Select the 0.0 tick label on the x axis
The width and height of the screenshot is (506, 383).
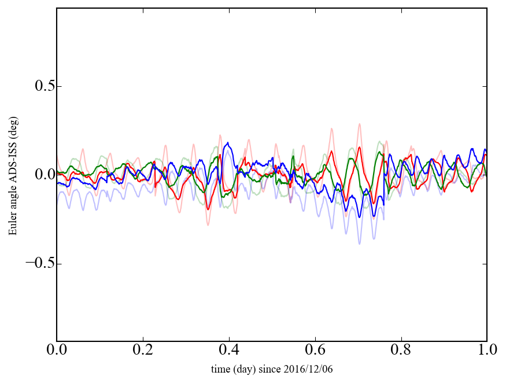57,351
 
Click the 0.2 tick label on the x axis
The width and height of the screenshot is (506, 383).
143,351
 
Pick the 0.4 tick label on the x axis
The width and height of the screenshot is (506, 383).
229,351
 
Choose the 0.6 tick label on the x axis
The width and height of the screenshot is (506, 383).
315,351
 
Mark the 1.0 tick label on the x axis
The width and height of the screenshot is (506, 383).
487,351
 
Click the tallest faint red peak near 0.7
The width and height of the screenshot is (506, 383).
359,124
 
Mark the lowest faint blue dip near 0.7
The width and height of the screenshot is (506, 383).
359,244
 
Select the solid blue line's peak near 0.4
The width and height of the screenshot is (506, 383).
228,143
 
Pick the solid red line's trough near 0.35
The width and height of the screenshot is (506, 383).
208,209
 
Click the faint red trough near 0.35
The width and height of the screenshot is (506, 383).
208,224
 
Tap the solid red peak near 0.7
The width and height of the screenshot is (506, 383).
359,147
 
